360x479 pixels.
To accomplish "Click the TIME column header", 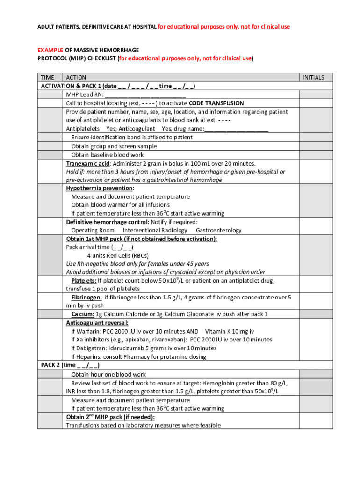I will pos(48,77).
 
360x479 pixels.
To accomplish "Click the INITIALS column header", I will pos(313,77).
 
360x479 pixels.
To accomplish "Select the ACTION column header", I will pos(76,77).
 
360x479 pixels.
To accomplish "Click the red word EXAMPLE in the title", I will pos(50,50).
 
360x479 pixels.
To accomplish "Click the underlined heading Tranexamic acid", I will pos(88,163).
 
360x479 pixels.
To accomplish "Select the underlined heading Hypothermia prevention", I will pos(100,188).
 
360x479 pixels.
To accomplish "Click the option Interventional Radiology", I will pos(155,230).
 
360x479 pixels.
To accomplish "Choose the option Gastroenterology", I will pos(218,230).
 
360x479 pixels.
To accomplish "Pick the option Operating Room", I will pos(93,230).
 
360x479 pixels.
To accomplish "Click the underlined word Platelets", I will pos(84,281).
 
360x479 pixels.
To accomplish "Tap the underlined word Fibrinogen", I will pos(86,298).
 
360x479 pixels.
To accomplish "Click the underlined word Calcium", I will pos(82,314).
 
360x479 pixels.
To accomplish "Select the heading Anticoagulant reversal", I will pos(97,323).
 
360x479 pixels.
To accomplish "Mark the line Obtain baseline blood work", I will pos(108,155).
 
